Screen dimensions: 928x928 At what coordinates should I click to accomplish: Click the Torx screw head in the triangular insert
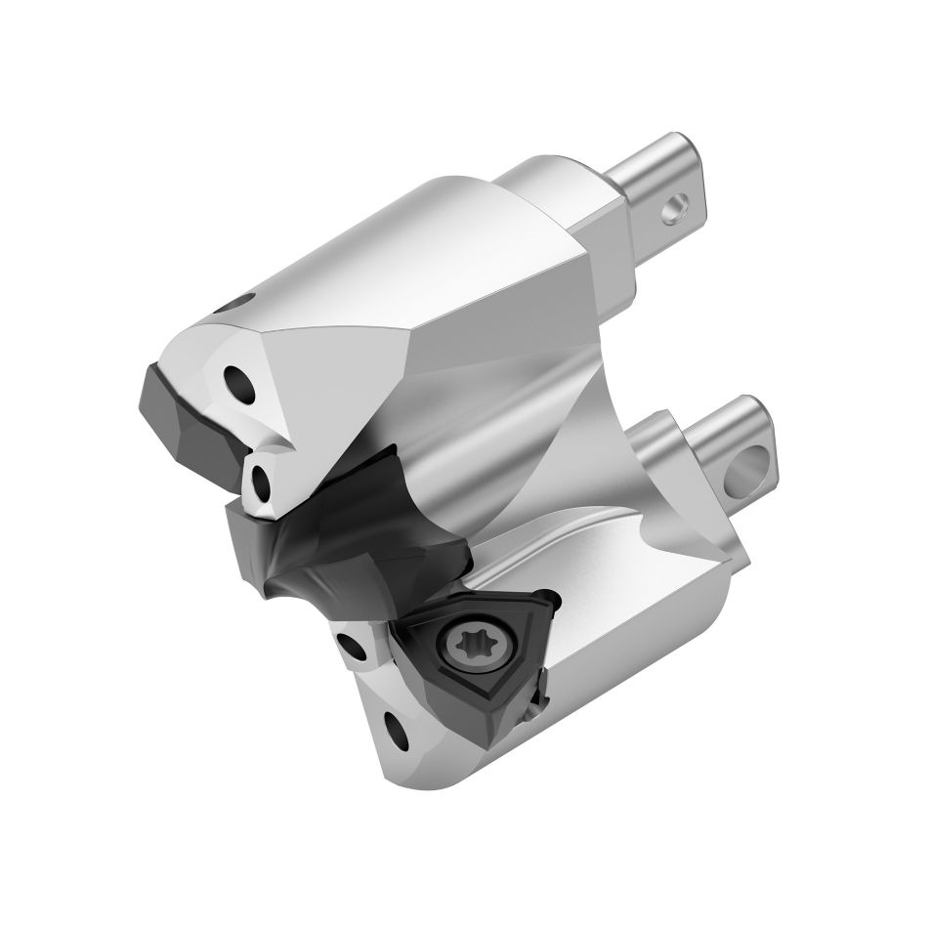pos(461,645)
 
